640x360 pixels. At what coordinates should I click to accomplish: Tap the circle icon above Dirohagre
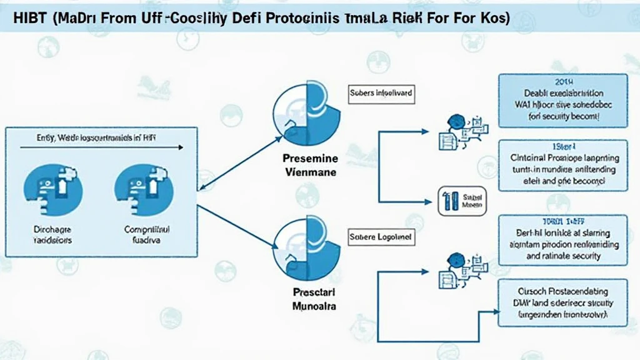(x=52, y=188)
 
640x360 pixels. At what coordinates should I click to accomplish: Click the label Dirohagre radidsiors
(x=52, y=234)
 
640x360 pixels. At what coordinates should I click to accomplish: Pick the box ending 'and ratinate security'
(x=562, y=239)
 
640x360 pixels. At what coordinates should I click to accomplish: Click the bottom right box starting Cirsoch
(x=562, y=303)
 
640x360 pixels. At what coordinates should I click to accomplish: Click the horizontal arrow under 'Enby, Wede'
(x=100, y=148)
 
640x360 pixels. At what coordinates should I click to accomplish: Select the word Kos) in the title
(x=494, y=18)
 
